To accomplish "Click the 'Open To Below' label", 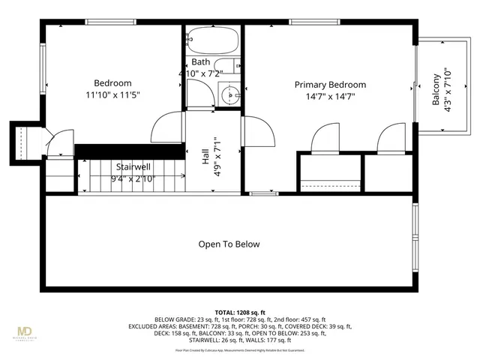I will click(229, 244).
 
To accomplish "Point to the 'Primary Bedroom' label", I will click(330, 85).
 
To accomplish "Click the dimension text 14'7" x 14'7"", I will click(330, 96).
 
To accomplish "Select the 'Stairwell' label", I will click(134, 166).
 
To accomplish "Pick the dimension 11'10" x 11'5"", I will click(112, 94).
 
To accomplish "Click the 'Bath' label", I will click(200, 61).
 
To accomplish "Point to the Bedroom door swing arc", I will click(166, 127).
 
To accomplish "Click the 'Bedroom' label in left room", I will click(112, 83).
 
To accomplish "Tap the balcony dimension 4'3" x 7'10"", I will click(448, 91).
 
